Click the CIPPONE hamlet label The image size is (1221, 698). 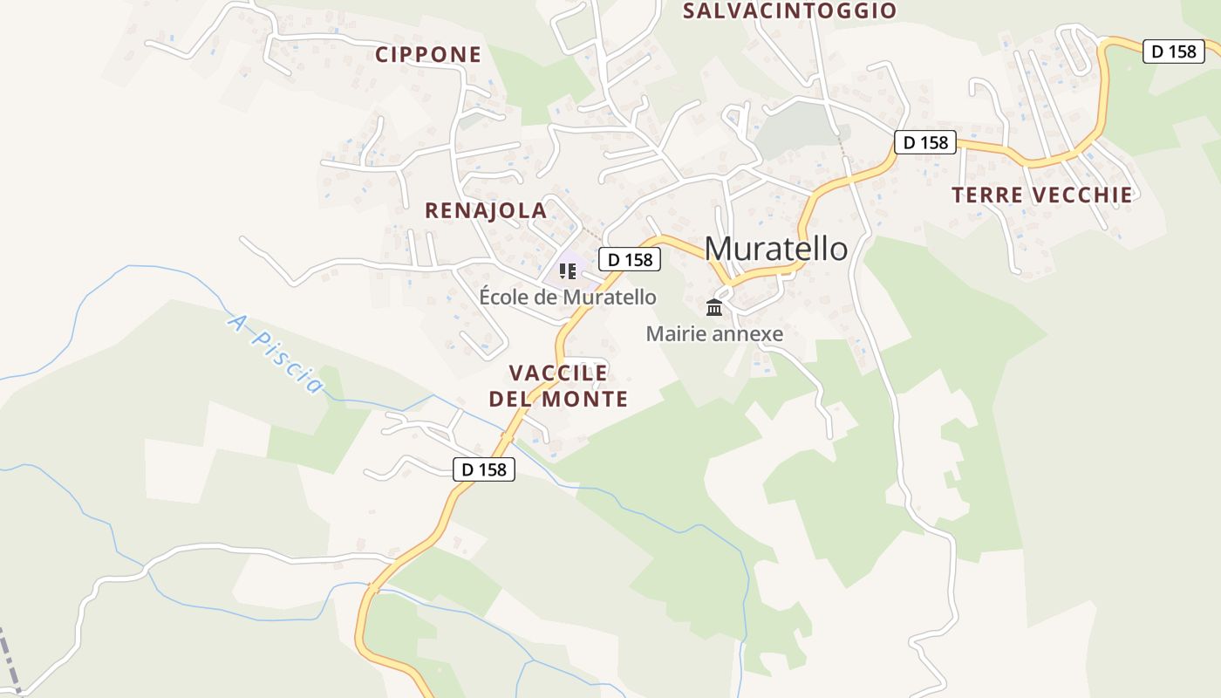point(428,55)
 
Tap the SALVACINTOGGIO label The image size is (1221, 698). point(789,11)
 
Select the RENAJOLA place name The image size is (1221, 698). point(486,210)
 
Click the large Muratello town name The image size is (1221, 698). point(775,249)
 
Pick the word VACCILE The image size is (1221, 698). point(558,373)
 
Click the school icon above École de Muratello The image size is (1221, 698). point(568,270)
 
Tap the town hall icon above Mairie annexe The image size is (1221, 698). point(714,307)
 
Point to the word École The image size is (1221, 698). point(503,298)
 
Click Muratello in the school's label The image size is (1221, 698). point(609,298)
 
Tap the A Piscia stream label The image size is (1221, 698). point(275,353)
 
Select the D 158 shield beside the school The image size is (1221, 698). point(630,259)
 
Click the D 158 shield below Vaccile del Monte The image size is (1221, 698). point(484,469)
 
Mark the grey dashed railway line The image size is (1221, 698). point(9,660)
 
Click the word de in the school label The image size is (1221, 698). point(546,298)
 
